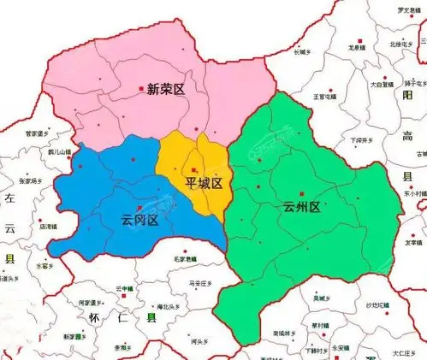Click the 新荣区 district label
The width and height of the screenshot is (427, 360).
click(x=166, y=88)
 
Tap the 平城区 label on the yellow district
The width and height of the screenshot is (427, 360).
click(x=205, y=184)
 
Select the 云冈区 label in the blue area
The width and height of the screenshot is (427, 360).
click(x=140, y=220)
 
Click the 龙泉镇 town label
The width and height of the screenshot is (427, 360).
click(x=357, y=50)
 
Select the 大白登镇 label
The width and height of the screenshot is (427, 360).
click(x=382, y=85)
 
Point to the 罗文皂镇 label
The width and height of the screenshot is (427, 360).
click(x=389, y=10)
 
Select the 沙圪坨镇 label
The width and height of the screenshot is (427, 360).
click(x=377, y=305)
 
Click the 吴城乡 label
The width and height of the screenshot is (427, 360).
click(x=321, y=298)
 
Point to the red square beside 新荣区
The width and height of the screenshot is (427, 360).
click(x=141, y=88)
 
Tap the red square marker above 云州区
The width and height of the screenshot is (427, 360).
click(x=302, y=195)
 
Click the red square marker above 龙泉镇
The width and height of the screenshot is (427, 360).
click(x=360, y=42)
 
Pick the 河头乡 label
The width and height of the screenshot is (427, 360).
click(x=201, y=342)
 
